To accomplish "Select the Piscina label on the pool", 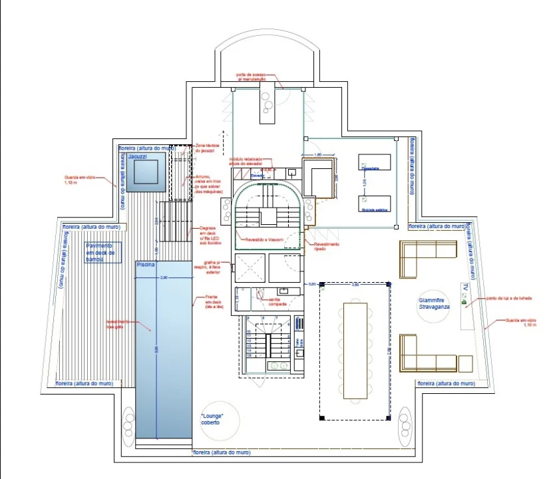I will (x=146, y=265).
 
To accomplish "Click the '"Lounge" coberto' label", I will (x=212, y=418).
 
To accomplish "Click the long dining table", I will (x=355, y=350).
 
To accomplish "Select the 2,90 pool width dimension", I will (x=164, y=277).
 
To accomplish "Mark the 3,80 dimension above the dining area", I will (x=355, y=284).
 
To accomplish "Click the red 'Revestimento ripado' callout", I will (x=327, y=245).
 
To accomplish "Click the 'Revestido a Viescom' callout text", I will (x=270, y=238).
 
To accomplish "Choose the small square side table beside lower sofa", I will (x=465, y=364).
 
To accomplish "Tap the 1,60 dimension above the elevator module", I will (x=317, y=154).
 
